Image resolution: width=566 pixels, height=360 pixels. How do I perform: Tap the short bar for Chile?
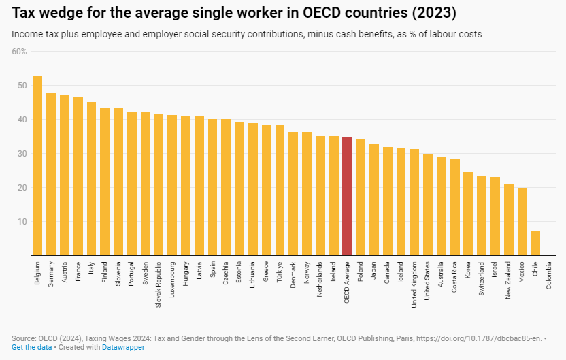(x=535, y=243)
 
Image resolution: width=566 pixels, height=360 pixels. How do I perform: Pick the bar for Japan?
(x=373, y=199)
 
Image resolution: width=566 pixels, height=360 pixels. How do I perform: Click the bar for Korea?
(x=468, y=214)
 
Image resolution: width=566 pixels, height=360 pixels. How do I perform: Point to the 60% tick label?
(x=19, y=52)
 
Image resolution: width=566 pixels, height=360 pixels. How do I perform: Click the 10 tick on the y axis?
(x=22, y=222)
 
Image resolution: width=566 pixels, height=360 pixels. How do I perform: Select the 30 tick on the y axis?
(x=22, y=154)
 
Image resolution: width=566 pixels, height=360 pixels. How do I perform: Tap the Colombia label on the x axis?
(x=549, y=276)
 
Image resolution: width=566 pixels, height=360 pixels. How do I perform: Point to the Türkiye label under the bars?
(x=280, y=274)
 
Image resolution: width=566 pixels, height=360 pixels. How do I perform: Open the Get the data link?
(x=31, y=347)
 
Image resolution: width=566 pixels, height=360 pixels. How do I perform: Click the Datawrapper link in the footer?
(x=123, y=347)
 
